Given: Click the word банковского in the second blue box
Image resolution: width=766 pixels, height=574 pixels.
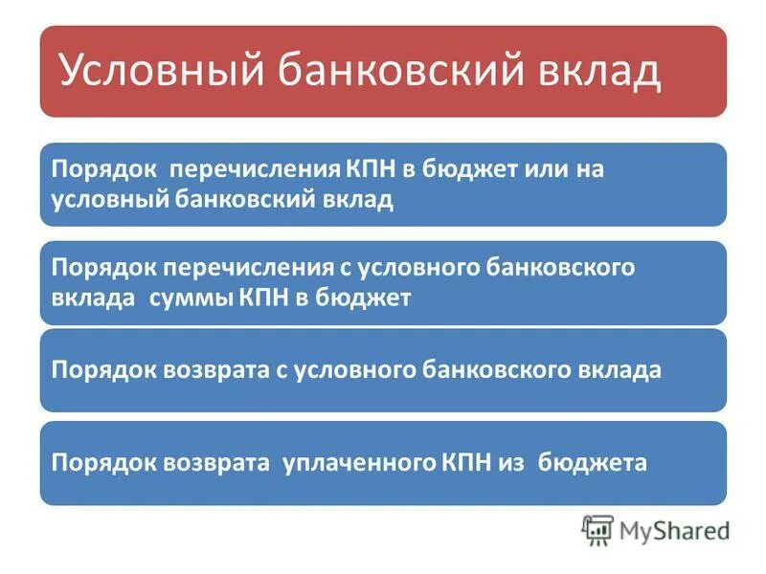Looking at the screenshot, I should (x=567, y=267).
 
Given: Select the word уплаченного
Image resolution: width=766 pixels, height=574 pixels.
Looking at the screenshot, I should (x=359, y=463).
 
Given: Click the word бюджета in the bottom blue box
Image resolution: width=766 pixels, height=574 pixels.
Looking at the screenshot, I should (x=593, y=463).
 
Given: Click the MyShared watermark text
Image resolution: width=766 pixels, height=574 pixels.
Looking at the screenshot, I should (x=674, y=529).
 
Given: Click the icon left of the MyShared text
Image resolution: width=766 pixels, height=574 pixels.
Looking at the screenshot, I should (x=597, y=529).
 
